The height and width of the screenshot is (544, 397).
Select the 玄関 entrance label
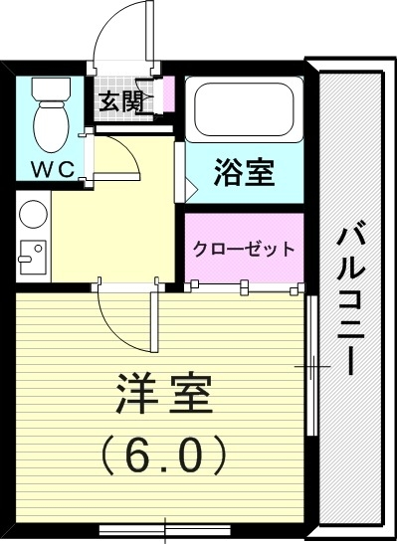click(x=118, y=100)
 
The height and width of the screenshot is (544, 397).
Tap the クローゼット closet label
click(x=244, y=249)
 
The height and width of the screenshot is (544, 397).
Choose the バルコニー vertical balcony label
click(x=348, y=298)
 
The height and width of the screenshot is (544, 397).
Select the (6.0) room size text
click(x=165, y=455)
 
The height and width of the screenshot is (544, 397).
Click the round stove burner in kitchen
click(x=32, y=216)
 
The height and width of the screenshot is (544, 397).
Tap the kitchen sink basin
click(x=30, y=257)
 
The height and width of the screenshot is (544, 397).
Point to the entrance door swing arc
click(x=120, y=30)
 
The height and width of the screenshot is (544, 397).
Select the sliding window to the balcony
click(x=311, y=368)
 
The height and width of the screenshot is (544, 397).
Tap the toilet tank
click(x=49, y=90)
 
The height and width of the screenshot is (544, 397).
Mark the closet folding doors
click(x=244, y=286)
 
